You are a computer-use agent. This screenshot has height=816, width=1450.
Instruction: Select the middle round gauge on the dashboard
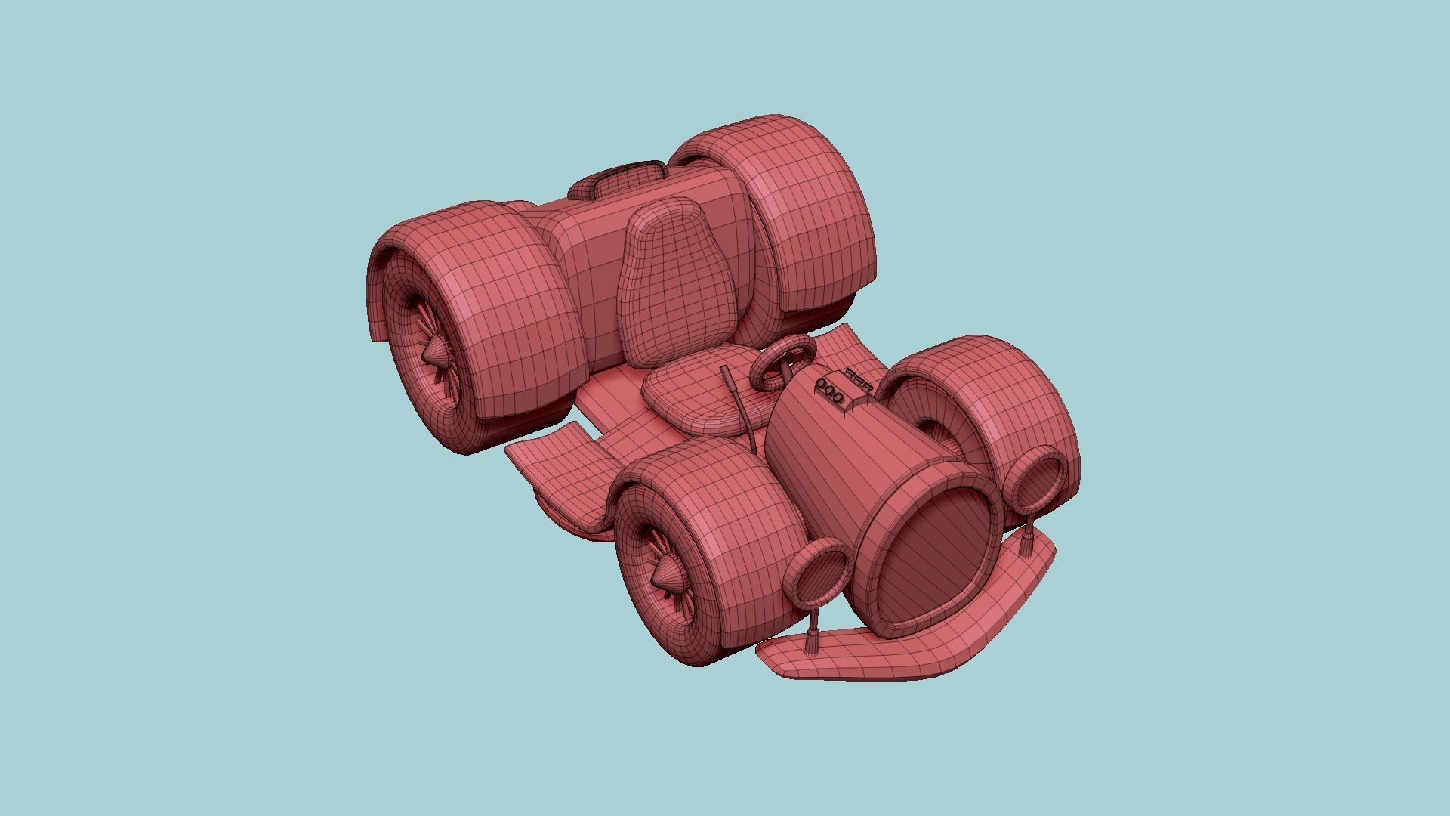pyautogui.click(x=831, y=391)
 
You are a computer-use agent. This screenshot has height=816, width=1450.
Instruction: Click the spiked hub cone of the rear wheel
pyautogui.click(x=434, y=352)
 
